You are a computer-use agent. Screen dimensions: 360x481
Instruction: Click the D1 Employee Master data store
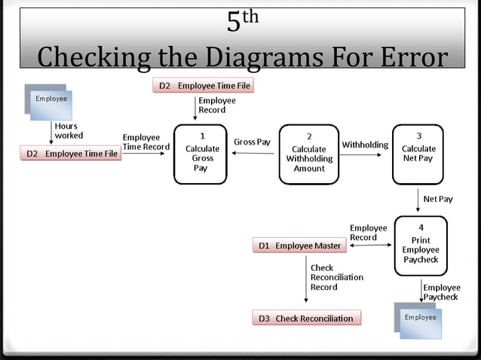pos(300,246)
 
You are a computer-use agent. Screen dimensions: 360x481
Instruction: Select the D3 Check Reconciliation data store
pos(306,318)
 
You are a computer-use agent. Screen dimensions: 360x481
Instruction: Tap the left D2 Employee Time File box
pos(72,154)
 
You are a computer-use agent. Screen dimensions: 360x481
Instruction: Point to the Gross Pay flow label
pos(252,142)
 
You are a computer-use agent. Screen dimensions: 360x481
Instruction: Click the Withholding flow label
pos(365,145)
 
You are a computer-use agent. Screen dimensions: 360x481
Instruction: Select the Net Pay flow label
pos(438,199)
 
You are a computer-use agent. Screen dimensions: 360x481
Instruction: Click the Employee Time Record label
pos(146,142)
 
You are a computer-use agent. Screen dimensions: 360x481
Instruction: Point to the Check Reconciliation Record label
pos(336,277)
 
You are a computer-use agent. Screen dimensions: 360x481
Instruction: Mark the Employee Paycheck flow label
pos(440,292)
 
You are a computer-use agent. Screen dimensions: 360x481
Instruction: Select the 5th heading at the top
pos(242,21)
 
